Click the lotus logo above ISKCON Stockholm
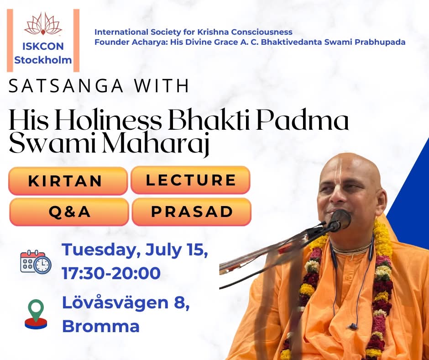pyautogui.click(x=43, y=24)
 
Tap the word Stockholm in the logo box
pyautogui.click(x=43, y=60)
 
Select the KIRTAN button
pyautogui.click(x=68, y=181)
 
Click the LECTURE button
pyautogui.click(x=190, y=180)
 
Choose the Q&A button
pyautogui.click(x=69, y=212)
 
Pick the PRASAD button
pyautogui.click(x=192, y=212)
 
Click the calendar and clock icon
pyautogui.click(x=36, y=262)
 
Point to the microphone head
pyautogui.click(x=341, y=219)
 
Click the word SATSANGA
pyautogui.click(x=66, y=86)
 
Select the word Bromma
pyautogui.click(x=101, y=326)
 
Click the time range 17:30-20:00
pyautogui.click(x=111, y=273)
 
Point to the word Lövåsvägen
pyautogui.click(x=115, y=302)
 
